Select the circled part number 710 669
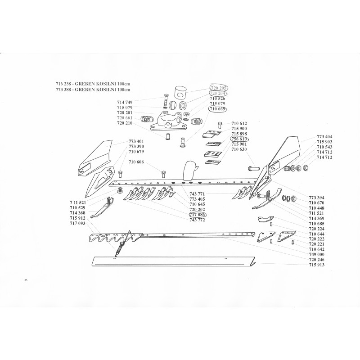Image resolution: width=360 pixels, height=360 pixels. coord(218,109)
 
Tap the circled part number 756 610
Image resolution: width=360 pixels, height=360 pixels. coord(239,139)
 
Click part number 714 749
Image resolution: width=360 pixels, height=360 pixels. coord(124,103)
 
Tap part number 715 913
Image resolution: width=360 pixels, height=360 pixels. coord(317,265)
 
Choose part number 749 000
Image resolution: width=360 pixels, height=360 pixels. coord(317,254)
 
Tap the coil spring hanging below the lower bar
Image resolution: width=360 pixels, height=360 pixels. coord(121,247)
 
